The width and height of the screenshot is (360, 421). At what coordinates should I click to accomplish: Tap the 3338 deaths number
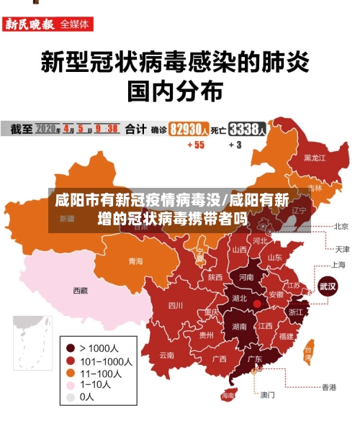click(246, 129)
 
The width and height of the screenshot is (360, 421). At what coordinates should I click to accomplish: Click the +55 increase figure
click(195, 145)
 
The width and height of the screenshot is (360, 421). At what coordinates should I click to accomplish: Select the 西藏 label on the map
click(80, 291)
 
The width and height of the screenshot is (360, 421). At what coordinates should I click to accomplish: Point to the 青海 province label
click(135, 261)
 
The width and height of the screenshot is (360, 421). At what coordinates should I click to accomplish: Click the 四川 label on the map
click(176, 305)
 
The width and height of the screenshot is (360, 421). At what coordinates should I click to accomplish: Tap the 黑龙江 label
click(315, 157)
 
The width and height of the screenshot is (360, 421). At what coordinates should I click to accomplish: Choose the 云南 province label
click(167, 355)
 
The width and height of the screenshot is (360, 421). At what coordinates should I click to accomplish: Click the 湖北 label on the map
click(239, 298)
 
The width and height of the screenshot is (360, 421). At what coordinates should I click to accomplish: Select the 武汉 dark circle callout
click(328, 286)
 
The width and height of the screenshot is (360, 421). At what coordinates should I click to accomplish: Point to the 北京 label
click(341, 226)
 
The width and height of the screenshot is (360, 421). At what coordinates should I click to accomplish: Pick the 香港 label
click(328, 387)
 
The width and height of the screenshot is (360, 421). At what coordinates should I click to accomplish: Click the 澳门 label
click(268, 394)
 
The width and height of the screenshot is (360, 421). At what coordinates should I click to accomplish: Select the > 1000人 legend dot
click(70, 348)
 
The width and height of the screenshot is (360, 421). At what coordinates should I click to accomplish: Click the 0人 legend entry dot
click(70, 397)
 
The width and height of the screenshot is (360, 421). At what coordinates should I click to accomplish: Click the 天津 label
click(342, 249)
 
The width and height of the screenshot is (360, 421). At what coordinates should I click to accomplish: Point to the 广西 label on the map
click(219, 358)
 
